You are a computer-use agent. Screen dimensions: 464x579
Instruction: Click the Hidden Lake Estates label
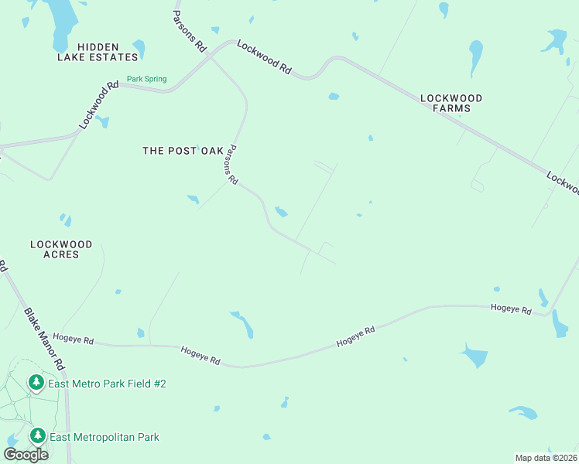pyautogui.click(x=98, y=52)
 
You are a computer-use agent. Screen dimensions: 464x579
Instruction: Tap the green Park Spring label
pyautogui.click(x=146, y=78)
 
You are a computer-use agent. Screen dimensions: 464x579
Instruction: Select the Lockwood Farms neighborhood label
pyautogui.click(x=451, y=103)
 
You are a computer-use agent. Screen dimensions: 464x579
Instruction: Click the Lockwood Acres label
pyautogui.click(x=61, y=249)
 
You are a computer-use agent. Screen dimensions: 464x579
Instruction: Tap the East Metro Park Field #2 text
pyautogui.click(x=108, y=384)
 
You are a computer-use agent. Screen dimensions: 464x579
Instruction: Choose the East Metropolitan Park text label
pyautogui.click(x=104, y=437)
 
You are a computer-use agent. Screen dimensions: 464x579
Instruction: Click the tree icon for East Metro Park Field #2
pyautogui.click(x=36, y=382)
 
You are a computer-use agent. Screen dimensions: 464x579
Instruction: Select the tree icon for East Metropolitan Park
pyautogui.click(x=36, y=436)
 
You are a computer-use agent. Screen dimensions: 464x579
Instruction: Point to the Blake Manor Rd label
pyautogui.click(x=44, y=338)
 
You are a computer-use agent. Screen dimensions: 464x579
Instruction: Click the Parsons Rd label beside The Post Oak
pyautogui.click(x=231, y=165)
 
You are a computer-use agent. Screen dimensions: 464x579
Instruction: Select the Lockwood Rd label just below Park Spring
pyautogui.click(x=98, y=105)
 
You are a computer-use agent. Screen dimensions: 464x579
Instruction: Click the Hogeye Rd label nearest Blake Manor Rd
pyautogui.click(x=77, y=340)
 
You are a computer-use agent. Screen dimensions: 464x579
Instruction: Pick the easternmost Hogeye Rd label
pyautogui.click(x=511, y=309)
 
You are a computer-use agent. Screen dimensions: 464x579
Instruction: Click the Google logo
pyautogui.click(x=26, y=455)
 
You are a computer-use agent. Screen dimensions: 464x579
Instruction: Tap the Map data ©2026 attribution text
pyautogui.click(x=545, y=457)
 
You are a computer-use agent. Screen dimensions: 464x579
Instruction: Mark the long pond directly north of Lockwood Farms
pyautogui.click(x=475, y=56)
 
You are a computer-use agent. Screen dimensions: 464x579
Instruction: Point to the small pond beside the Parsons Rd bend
pyautogui.click(x=282, y=212)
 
